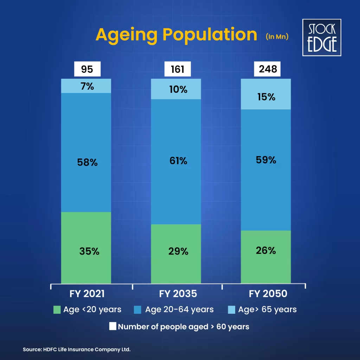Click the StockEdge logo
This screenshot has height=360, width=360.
[x=322, y=38]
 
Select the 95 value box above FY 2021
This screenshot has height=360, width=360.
[x=87, y=69]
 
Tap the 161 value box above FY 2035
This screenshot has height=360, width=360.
[x=178, y=69]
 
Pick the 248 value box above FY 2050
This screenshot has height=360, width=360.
[x=268, y=69]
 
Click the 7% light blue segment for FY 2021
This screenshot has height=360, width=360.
[x=86, y=86]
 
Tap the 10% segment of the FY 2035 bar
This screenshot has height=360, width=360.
[x=176, y=89]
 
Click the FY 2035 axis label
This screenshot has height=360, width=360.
[x=178, y=294]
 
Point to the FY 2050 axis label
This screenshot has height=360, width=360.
[x=268, y=294]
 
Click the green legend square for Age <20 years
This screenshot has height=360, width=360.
[x=57, y=310]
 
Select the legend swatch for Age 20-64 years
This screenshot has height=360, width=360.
[x=138, y=310]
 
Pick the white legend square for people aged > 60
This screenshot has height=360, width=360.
[x=112, y=327]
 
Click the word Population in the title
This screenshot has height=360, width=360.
[x=210, y=35]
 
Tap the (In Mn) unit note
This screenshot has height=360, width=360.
[x=277, y=37]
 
